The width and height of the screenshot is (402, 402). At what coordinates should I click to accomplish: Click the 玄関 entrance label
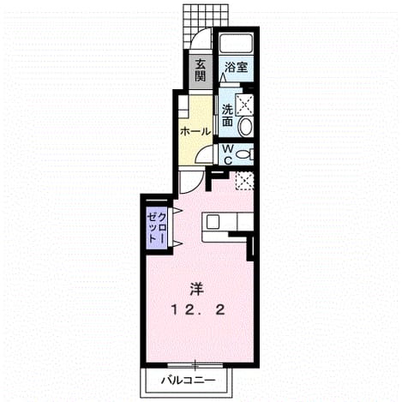pyautogui.click(x=201, y=70)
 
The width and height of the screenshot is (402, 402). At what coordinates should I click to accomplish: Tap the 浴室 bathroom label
pyautogui.click(x=236, y=68)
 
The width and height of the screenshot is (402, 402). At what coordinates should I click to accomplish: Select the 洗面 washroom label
pyautogui.click(x=228, y=116)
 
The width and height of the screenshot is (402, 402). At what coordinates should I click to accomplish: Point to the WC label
pyautogui.click(x=228, y=154)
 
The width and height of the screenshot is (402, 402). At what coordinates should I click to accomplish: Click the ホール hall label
pyautogui.click(x=195, y=132)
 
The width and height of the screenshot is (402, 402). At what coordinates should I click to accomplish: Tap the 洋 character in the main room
pyautogui.click(x=197, y=290)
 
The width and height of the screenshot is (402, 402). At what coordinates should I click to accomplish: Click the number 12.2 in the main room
pyautogui.click(x=198, y=310)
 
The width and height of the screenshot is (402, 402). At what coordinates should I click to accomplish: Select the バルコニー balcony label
pyautogui.click(x=188, y=381)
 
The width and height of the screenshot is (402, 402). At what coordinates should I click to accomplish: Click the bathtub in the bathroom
pyautogui.click(x=236, y=43)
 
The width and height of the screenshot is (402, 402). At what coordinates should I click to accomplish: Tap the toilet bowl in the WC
pyautogui.click(x=244, y=154)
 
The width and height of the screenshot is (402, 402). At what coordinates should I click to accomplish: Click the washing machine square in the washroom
pyautogui.click(x=244, y=105)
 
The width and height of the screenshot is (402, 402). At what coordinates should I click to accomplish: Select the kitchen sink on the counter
pyautogui.click(x=213, y=222)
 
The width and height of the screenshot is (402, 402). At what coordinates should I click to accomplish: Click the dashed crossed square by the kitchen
pyautogui.click(x=244, y=181)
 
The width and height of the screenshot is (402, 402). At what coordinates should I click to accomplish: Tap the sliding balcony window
pyautogui.click(x=195, y=365)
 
